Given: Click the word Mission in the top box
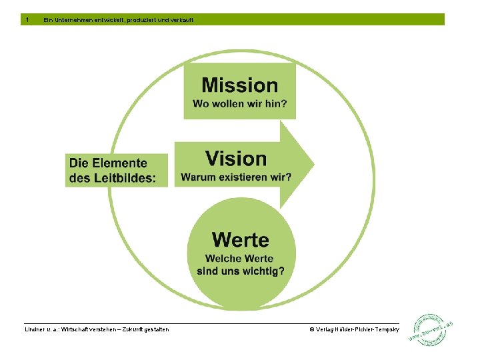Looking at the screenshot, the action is tap(239, 85).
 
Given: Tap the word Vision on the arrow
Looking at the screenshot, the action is tap(236, 159).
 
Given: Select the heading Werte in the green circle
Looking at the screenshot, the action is tap(241, 239).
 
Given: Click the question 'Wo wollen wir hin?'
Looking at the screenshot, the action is tap(239, 104).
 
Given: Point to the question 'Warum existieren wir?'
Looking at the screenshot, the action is tap(236, 177).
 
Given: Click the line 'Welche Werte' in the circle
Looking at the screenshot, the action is tap(240, 259).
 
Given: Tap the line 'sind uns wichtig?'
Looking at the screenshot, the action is tap(240, 271).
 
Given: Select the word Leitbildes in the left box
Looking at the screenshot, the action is tap(121, 178).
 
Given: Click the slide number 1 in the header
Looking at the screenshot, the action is tap(27, 20).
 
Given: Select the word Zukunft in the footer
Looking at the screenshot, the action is tap(135, 329).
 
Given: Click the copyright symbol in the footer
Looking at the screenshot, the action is tap(311, 329).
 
